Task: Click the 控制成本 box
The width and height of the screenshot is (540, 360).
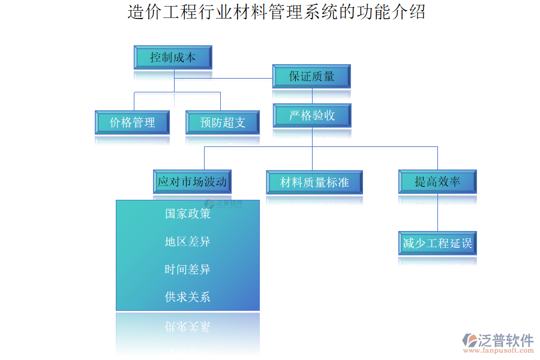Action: (x=173, y=58)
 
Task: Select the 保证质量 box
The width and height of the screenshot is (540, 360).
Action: (x=311, y=77)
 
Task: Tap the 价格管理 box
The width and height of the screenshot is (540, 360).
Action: (x=132, y=122)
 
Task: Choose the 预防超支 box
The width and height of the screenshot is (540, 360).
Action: (x=223, y=122)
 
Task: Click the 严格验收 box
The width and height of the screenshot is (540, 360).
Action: (x=312, y=115)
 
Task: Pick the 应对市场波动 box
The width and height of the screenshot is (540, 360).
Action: (x=192, y=181)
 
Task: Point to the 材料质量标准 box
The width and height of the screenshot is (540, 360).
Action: (x=314, y=182)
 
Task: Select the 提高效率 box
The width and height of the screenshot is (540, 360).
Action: (x=437, y=181)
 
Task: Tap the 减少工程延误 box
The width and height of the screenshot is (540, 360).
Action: (x=437, y=244)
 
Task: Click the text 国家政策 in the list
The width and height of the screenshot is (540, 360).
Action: (x=188, y=214)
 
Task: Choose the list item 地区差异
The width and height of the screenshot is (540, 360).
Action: (x=188, y=242)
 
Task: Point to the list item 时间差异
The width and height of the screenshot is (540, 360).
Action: (x=188, y=269)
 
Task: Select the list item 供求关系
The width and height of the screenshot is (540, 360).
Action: (x=188, y=297)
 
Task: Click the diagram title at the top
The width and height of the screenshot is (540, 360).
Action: (x=277, y=12)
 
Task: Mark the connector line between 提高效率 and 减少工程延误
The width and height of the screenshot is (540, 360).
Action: (x=437, y=212)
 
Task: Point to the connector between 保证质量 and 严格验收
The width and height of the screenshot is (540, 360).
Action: (x=312, y=97)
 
